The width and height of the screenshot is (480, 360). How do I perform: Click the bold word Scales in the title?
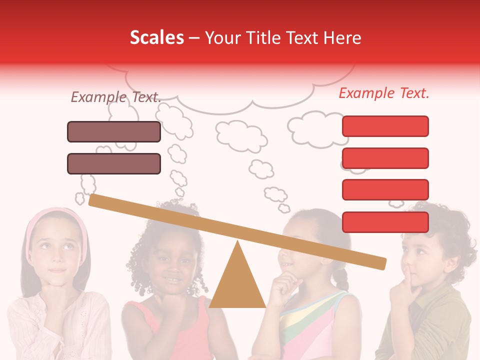click(156, 38)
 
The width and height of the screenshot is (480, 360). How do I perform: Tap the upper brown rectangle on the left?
click(114, 131)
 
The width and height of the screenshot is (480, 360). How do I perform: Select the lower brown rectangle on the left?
click(114, 163)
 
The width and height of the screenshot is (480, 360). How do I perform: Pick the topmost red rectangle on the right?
click(385, 126)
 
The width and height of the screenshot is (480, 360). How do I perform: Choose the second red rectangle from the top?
click(385, 158)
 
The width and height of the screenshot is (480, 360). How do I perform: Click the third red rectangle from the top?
click(385, 189)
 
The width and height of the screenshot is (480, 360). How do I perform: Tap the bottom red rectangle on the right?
click(385, 222)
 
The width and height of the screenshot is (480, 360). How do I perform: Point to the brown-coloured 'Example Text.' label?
click(116, 97)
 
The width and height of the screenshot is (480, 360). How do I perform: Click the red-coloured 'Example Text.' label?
click(384, 93)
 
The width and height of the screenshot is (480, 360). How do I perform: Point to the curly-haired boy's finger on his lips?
click(408, 274)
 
